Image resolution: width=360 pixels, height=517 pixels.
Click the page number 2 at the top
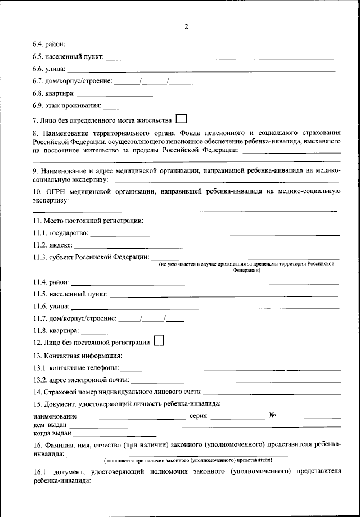[186, 26]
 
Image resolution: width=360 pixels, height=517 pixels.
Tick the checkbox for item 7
[181, 119]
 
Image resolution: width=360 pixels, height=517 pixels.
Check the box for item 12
[158, 340]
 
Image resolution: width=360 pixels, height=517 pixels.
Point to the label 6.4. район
[49, 44]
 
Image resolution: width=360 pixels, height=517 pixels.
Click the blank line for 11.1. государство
[215, 233]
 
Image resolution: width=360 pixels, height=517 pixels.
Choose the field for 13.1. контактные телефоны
[231, 369]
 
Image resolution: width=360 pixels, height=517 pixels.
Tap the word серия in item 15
[199, 416]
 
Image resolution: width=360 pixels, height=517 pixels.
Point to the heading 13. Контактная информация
[78, 355]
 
